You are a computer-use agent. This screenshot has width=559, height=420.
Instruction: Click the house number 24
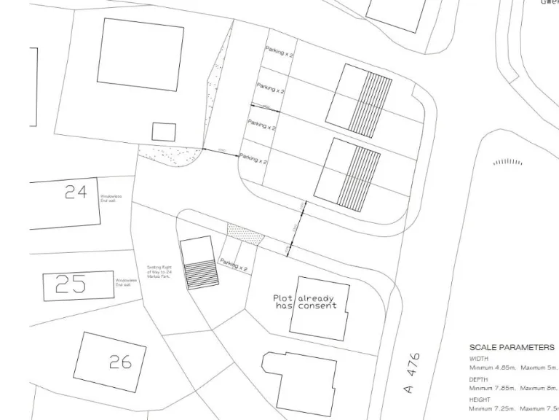[x=76, y=192]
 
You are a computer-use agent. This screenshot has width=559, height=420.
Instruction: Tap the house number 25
[x=71, y=284]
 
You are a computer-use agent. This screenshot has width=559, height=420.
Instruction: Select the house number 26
[x=120, y=360]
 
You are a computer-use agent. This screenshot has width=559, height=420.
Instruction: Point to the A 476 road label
[x=413, y=373]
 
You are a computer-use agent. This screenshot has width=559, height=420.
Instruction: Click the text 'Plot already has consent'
[x=306, y=303]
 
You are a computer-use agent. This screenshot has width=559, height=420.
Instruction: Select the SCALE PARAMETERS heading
[x=512, y=348]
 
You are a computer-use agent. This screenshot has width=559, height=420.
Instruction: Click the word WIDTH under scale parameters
[x=479, y=359]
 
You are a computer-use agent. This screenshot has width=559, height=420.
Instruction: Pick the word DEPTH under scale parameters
[x=479, y=379]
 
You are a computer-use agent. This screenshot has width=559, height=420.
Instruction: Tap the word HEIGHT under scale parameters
[x=480, y=400]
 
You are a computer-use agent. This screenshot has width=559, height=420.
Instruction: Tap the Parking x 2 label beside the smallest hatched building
[x=234, y=265]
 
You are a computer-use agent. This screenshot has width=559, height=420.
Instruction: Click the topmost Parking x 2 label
[x=279, y=51]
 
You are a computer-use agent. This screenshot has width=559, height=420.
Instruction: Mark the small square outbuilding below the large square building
[x=164, y=132]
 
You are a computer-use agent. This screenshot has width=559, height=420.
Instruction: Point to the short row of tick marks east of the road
[x=507, y=162]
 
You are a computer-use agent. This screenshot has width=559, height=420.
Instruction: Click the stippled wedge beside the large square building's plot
[x=213, y=95]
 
